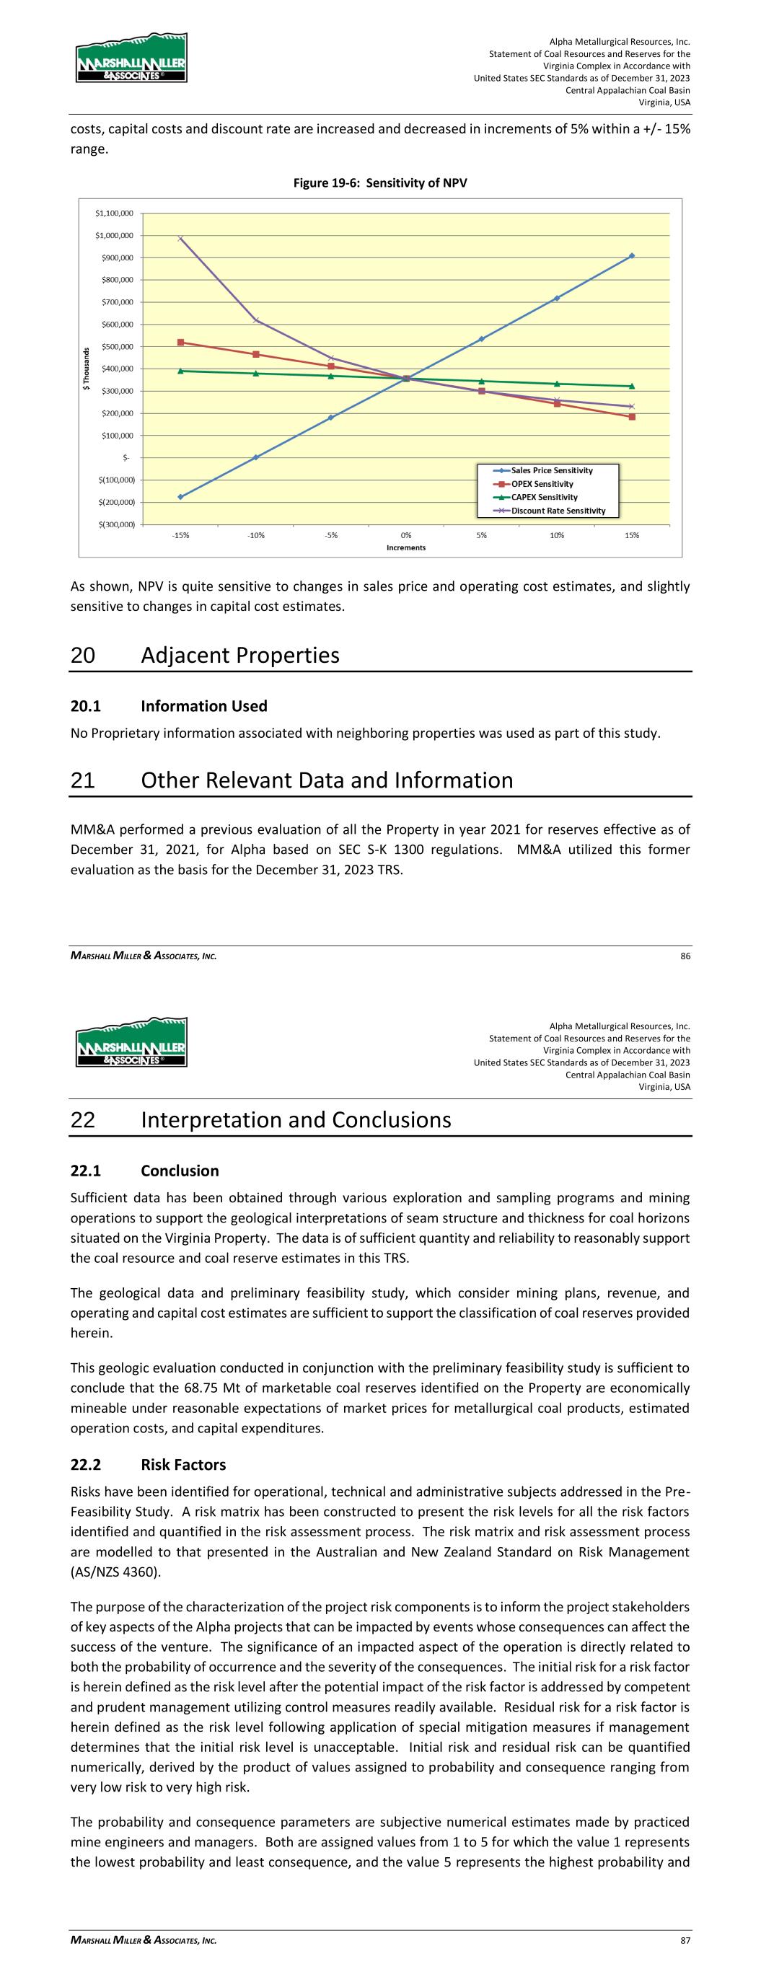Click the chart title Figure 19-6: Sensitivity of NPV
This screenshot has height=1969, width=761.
click(380, 183)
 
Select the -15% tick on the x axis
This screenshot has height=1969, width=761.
click(180, 535)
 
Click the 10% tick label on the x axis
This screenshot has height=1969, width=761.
click(557, 535)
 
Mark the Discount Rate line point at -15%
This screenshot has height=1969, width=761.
click(180, 239)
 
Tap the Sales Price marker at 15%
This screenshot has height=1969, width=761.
click(632, 256)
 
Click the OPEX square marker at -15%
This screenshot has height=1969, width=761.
click(180, 343)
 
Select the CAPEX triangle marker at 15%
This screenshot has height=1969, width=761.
click(632, 386)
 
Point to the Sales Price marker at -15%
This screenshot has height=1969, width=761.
click(180, 497)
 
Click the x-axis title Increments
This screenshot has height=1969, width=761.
click(406, 548)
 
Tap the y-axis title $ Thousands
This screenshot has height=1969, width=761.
click(87, 369)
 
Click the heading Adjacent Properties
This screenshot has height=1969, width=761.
click(240, 656)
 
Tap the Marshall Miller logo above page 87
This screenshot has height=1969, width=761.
click(131, 1041)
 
